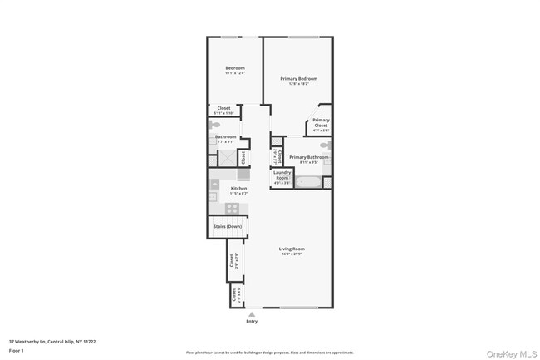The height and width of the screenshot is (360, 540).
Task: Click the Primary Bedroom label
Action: (298, 78)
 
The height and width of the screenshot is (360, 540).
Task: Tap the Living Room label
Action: (292, 249)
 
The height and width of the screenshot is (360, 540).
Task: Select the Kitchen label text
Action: (238, 188)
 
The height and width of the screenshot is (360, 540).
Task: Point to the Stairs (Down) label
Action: (227, 226)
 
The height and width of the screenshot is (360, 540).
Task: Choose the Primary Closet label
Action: (321, 121)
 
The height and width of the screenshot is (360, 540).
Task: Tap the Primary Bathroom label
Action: (308, 157)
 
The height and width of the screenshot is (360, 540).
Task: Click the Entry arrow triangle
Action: (252, 313)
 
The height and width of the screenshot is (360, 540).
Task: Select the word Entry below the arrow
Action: (252, 321)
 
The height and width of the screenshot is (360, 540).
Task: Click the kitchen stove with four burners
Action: (233, 208)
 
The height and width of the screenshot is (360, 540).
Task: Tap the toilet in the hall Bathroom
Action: (214, 125)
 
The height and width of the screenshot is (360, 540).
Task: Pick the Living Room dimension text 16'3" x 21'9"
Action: (292, 254)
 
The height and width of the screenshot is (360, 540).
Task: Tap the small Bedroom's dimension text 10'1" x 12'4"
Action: (235, 73)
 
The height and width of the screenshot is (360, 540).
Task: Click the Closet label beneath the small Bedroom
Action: (223, 108)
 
